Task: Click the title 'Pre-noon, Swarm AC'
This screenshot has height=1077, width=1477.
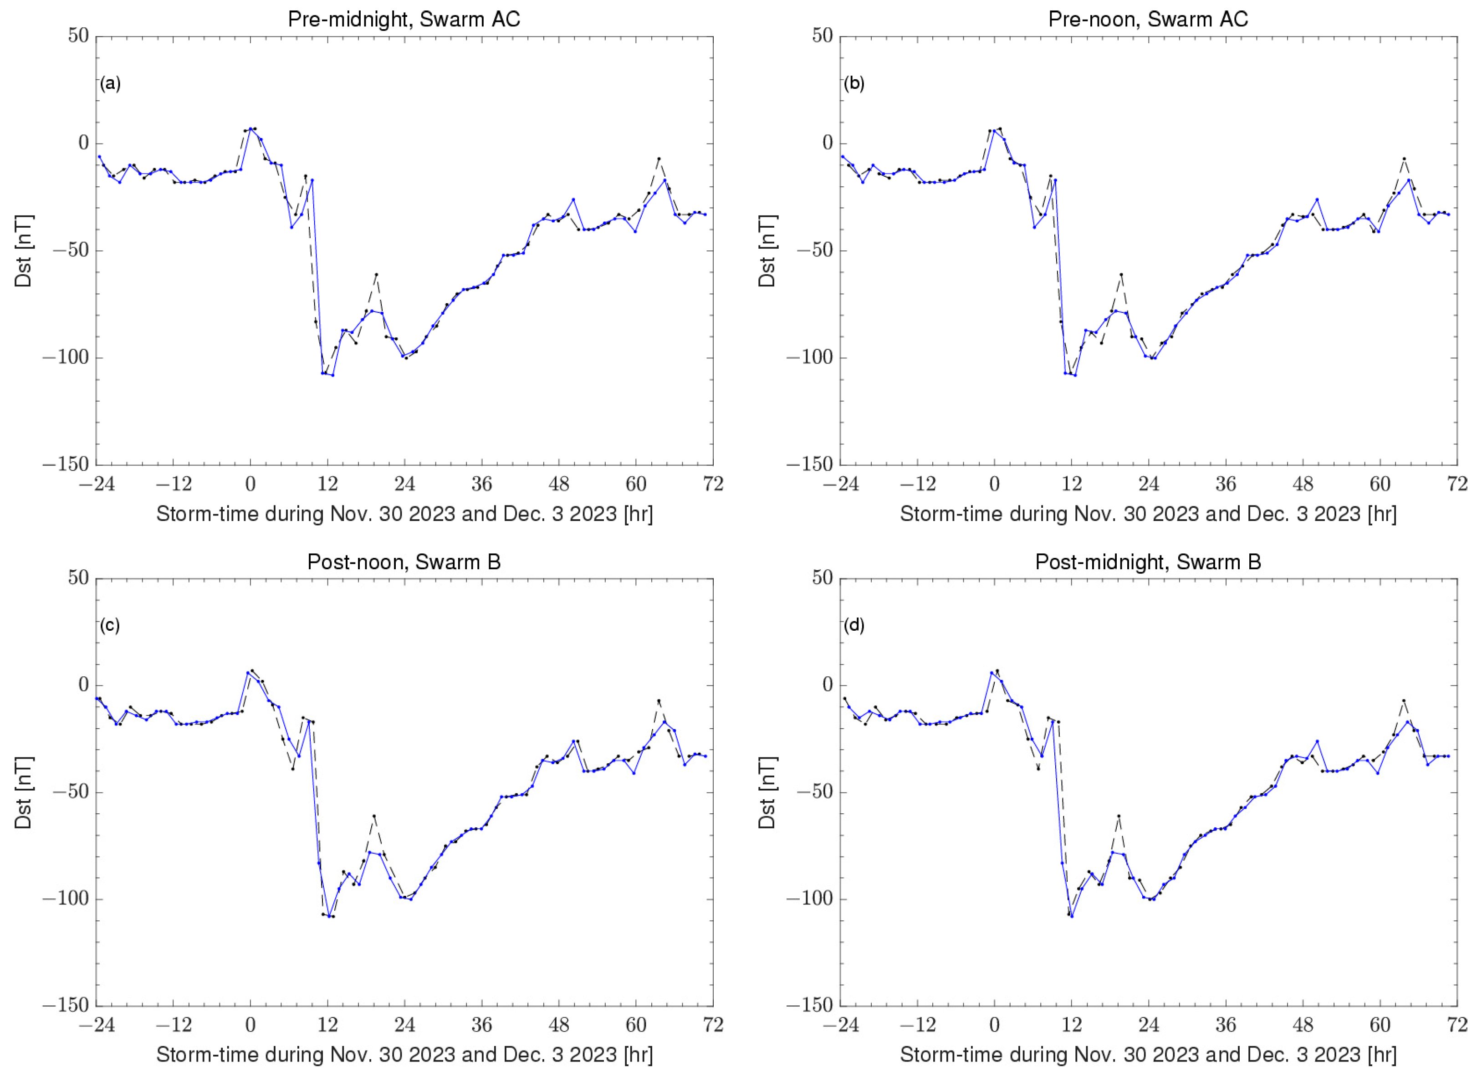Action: click(1148, 19)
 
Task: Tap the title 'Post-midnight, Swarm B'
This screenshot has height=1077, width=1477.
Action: click(1148, 561)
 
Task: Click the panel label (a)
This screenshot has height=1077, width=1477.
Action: click(110, 83)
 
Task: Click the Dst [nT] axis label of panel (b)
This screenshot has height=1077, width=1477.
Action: click(767, 250)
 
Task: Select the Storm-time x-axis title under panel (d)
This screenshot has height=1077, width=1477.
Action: click(1148, 1054)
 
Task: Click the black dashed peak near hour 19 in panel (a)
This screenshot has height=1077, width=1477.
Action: click(376, 275)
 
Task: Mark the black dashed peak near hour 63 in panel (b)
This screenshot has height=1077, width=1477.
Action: click(1404, 158)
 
